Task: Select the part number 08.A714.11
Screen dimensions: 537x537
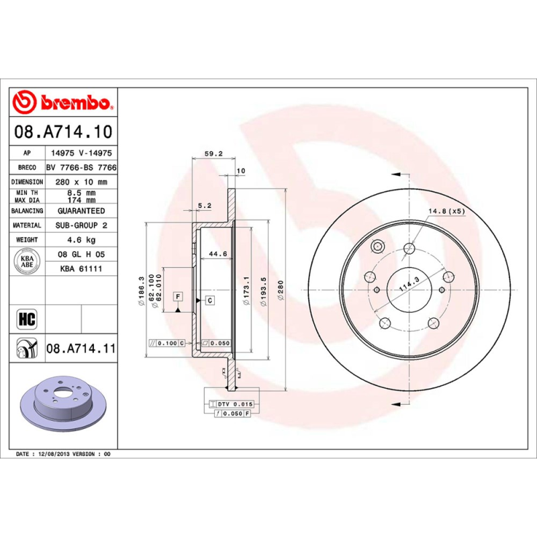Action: pos(81,349)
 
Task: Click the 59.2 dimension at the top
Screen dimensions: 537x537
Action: pos(213,153)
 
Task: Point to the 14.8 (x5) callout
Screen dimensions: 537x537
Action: pos(446,211)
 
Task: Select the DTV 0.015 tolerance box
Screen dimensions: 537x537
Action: pos(232,404)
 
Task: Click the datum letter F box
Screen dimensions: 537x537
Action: pos(178,296)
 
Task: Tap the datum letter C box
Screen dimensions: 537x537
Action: pos(209,300)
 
